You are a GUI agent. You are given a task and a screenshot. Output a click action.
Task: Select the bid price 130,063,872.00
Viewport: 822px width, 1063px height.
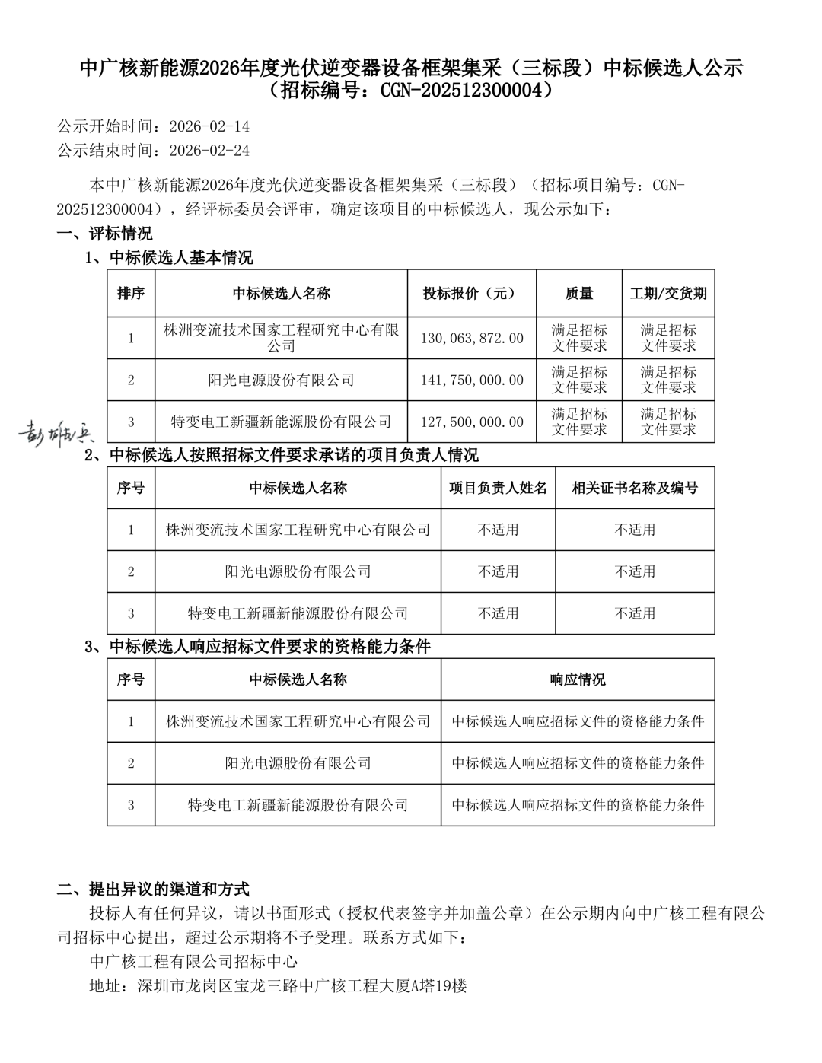point(472,338)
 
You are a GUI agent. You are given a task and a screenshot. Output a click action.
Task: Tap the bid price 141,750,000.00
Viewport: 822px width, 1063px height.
point(472,380)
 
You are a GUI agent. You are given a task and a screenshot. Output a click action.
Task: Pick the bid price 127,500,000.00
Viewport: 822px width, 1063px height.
point(472,422)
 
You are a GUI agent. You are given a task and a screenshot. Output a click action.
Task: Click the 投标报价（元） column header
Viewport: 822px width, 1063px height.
point(472,293)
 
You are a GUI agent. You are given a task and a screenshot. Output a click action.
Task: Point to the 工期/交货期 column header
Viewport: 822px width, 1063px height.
point(668,293)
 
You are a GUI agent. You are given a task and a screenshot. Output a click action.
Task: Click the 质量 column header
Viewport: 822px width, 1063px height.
point(579,293)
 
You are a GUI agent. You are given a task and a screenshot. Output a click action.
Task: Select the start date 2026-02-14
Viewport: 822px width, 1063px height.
point(209,126)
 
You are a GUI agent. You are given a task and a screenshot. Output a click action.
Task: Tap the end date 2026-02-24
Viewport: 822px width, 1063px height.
point(209,151)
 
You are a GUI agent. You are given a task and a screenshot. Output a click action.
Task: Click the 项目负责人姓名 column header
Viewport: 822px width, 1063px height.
point(498,488)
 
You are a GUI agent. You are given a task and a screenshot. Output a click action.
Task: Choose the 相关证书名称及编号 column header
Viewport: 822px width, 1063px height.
point(635,488)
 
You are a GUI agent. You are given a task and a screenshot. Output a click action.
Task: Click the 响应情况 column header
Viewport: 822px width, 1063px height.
point(578,679)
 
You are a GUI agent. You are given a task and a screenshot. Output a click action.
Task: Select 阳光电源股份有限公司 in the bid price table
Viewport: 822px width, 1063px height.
point(281,380)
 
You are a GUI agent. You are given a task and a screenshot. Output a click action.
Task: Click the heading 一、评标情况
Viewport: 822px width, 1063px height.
point(104,233)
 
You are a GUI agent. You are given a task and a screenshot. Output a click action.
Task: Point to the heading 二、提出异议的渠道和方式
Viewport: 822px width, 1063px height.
point(153,889)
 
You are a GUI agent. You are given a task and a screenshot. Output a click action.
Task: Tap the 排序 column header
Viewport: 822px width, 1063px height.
point(131,293)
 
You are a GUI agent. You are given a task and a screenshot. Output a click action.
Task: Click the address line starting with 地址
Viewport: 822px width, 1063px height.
point(278,986)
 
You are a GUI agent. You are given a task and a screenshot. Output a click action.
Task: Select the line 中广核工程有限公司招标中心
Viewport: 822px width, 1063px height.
point(193,962)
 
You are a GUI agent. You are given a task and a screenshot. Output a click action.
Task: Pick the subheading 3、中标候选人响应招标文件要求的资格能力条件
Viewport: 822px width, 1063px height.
point(258,647)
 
